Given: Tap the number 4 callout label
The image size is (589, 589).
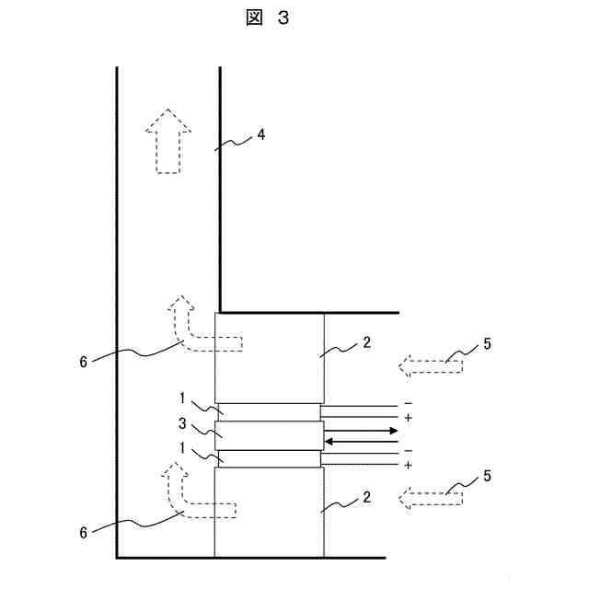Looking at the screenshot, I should (261, 134).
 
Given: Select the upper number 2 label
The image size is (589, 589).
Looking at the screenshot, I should (366, 342).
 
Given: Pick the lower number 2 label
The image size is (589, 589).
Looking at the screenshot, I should (366, 498).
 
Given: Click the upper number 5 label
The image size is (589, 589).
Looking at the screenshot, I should (487, 344).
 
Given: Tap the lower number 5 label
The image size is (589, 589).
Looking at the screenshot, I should (487, 476).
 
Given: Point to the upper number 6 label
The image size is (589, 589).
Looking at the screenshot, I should (84, 362).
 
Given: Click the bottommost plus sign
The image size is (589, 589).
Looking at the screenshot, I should (407, 466).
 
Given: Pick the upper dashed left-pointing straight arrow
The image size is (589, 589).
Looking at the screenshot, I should (431, 366).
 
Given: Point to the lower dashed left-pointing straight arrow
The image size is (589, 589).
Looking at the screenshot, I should (431, 498).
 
